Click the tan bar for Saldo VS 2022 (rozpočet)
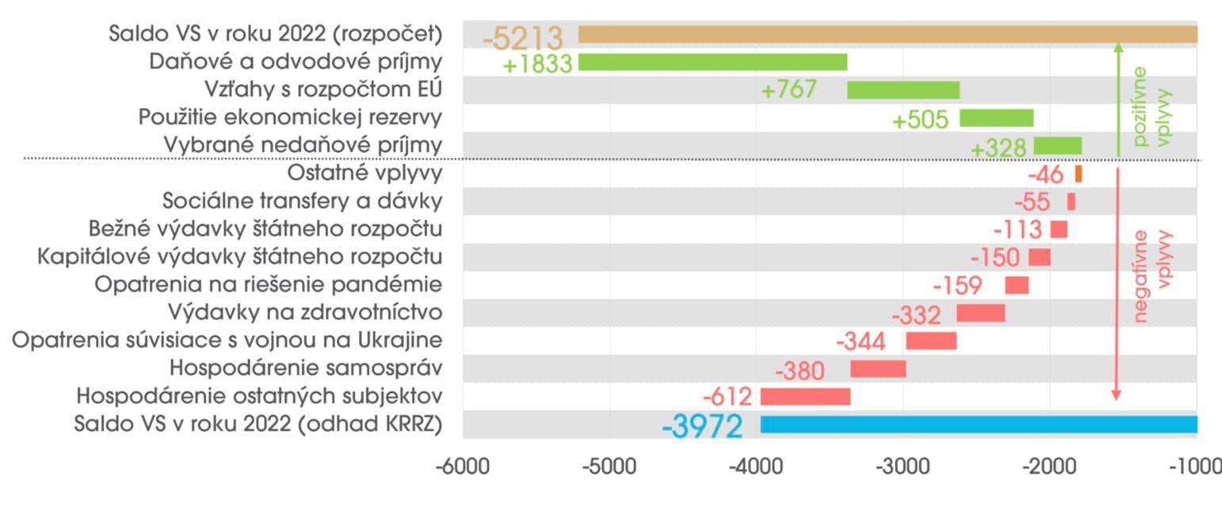point(888,34)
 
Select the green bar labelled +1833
point(712,62)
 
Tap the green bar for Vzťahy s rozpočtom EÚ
point(903,90)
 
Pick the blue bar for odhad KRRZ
point(979,425)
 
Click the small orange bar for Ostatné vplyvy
point(1079,173)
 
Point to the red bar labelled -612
point(805,396)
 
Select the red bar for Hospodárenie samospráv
point(878,368)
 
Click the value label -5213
point(523,37)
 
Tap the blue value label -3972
point(702,427)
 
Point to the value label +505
point(920,120)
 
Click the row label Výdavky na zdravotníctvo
point(305,311)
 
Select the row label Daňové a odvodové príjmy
point(296,62)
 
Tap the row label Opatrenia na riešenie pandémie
point(269,284)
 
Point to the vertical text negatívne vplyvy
point(1152,276)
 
